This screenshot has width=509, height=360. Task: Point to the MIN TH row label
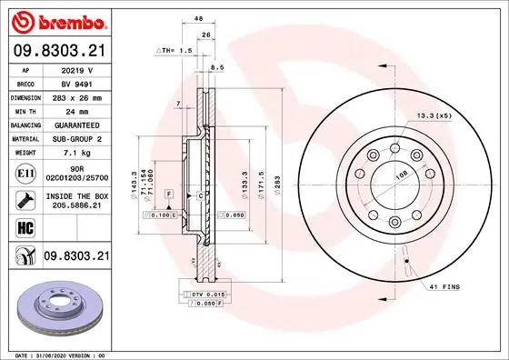[25, 109]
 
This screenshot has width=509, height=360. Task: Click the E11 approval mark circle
[25, 170]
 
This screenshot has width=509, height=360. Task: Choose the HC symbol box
[25, 227]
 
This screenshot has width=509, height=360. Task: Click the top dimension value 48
[197, 18]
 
